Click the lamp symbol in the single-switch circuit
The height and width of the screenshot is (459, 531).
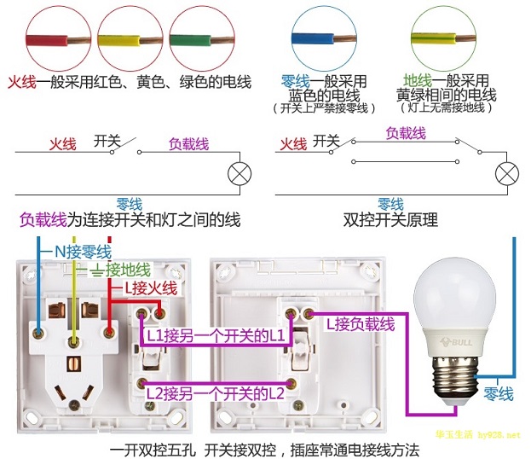[240, 173]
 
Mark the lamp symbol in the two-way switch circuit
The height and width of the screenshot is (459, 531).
[507, 173]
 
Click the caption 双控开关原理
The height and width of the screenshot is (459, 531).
[390, 220]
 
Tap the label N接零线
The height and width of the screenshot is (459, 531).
[83, 252]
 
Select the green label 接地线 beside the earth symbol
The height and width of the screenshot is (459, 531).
[128, 270]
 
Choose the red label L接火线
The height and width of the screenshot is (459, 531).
[151, 288]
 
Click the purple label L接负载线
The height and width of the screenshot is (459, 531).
[361, 324]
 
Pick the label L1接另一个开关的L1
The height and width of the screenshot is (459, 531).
[216, 336]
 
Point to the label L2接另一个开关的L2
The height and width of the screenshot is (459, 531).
[216, 394]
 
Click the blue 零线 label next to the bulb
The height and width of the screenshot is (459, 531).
[498, 394]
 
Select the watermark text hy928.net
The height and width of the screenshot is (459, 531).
[499, 435]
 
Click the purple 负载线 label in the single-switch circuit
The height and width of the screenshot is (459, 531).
[188, 144]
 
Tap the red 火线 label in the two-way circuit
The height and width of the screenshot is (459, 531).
[293, 144]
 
